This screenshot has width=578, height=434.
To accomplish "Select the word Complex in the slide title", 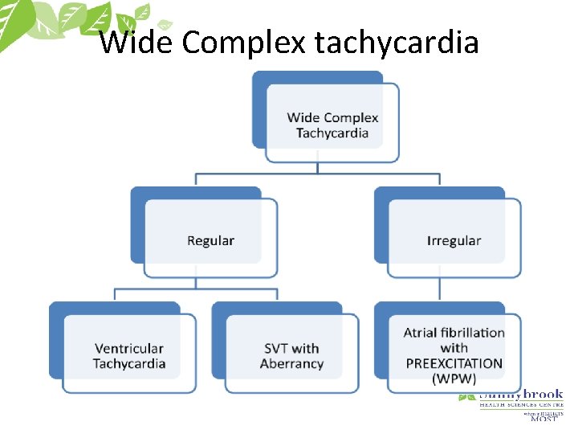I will click(244, 42).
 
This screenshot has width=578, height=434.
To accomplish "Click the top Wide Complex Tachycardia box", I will click(332, 125).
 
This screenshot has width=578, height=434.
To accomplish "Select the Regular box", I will click(210, 240).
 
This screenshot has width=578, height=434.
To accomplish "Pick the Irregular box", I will click(454, 240).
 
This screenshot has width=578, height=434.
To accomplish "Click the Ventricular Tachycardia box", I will click(129, 355).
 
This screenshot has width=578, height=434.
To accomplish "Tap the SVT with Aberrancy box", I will click(291, 355).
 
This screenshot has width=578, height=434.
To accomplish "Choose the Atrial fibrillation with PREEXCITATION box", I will click(454, 355).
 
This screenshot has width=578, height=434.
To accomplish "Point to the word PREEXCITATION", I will click(454, 363).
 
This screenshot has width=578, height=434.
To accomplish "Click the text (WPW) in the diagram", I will click(454, 379).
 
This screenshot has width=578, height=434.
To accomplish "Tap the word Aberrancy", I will click(291, 363).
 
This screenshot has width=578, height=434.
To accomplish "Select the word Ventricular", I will click(129, 348).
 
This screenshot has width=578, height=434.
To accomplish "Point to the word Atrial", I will click(421, 333).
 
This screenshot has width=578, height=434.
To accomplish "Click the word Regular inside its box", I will click(210, 240).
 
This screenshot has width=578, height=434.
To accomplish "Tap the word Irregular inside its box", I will click(454, 240).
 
